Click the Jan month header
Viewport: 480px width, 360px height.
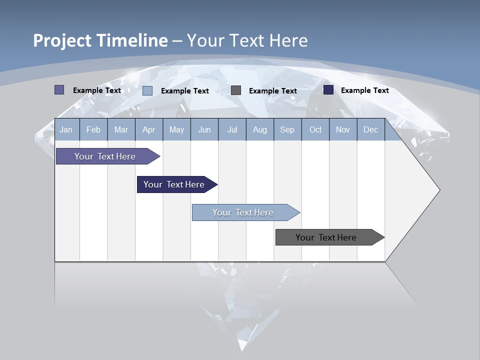pos(66,130)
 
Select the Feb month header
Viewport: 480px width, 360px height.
pos(93,130)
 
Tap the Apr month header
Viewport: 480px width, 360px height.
pos(148,130)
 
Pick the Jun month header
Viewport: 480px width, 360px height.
pos(204,130)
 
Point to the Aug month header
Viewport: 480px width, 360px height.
pos(259,130)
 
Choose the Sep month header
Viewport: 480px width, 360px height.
pos(287,130)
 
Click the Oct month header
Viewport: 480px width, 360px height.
pos(315,130)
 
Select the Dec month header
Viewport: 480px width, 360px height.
pos(370,130)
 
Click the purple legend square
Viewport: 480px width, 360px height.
pos(59,90)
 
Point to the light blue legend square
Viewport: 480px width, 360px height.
pos(147,90)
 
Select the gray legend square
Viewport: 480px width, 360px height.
pos(236,90)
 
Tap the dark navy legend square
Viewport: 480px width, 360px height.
pos(328,90)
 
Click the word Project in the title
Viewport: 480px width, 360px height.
pos(61,40)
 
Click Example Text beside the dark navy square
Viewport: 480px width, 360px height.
pos(364,90)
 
